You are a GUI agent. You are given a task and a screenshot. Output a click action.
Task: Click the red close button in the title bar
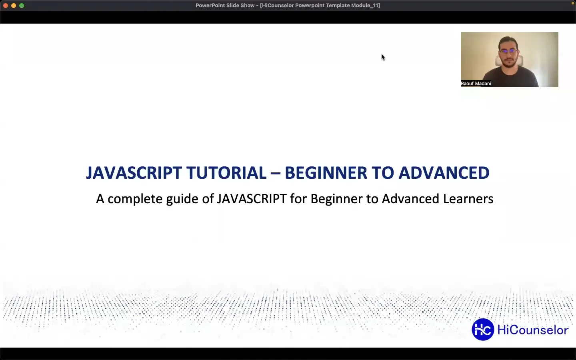6,6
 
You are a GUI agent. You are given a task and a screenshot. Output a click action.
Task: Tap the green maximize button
22,6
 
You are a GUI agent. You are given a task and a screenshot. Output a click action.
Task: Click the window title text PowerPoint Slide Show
225,6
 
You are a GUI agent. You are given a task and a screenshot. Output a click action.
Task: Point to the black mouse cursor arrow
383,57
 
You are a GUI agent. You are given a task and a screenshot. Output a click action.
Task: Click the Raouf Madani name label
476,84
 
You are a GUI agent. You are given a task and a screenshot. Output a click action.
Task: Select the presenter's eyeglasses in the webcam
508,52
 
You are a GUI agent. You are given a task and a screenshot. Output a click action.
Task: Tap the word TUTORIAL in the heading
226,173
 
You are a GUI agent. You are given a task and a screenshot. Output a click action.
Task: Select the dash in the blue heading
275,173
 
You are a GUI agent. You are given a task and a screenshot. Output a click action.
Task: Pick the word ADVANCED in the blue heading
444,173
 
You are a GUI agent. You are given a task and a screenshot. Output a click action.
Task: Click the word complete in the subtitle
135,199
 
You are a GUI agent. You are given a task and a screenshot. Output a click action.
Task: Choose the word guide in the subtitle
182,199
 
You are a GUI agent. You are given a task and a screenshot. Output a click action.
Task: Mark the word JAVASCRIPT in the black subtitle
252,199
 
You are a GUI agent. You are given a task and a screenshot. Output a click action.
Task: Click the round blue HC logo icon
483,330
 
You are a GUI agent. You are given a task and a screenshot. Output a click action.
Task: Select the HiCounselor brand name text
532,330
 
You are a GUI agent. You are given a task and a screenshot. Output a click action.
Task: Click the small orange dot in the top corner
572,3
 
